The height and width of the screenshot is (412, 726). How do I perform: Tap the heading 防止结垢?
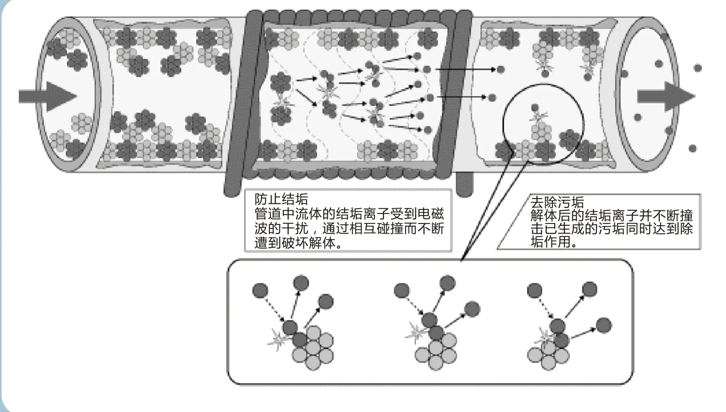coord(281,199)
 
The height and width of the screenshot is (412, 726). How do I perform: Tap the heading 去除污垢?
coord(557,202)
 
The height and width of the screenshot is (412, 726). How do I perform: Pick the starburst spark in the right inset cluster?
coord(544,337)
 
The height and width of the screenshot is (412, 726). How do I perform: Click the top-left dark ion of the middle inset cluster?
coord(402,290)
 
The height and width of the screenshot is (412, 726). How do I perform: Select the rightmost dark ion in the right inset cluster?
coord(604,325)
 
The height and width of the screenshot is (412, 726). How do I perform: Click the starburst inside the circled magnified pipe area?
coord(539,117)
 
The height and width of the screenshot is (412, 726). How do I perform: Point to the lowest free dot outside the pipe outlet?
coord(692,148)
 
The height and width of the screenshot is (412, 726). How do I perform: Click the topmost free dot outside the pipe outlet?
coord(698,68)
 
